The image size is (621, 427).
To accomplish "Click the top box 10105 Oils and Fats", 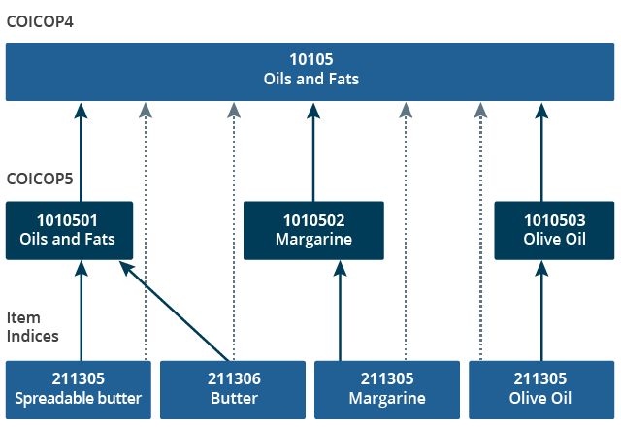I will (x=310, y=70).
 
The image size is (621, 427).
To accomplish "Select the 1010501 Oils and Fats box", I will (x=67, y=230).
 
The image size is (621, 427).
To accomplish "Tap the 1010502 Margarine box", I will (x=312, y=230).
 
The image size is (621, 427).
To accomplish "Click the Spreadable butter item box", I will (x=79, y=389).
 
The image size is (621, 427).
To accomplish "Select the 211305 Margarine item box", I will (x=386, y=389).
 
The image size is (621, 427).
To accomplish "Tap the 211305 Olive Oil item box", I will (x=541, y=389).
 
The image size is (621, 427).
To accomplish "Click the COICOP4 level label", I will (x=39, y=20).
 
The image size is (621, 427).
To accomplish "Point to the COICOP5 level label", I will (x=39, y=180).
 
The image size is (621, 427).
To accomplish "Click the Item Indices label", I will (x=33, y=327).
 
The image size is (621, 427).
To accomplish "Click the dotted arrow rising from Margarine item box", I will (x=406, y=233).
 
